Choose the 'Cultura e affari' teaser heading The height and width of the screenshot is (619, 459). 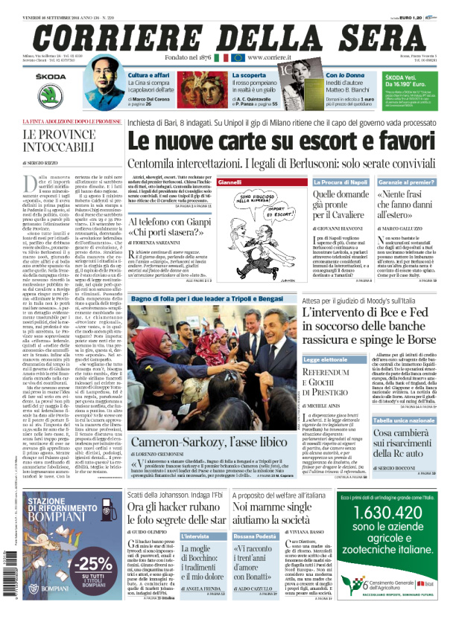[x=151, y=75]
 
